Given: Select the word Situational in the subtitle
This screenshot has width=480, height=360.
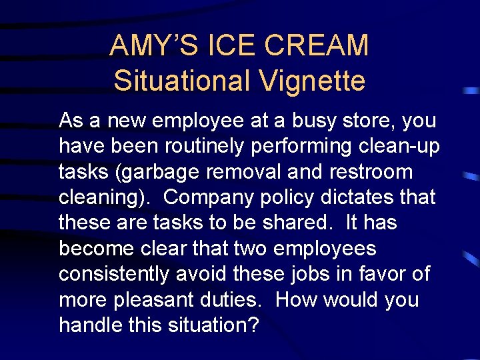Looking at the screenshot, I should pos(180,81).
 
